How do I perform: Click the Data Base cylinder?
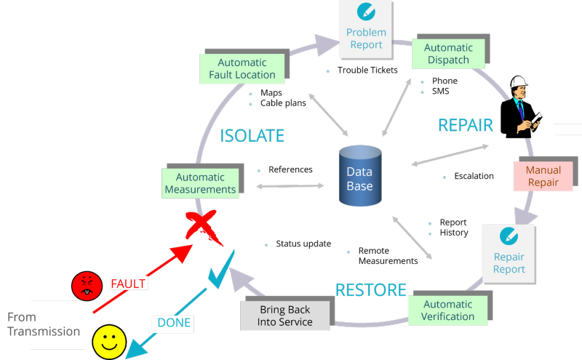click(360, 177)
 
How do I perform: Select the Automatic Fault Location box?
click(242, 68)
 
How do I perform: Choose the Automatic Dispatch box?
click(448, 53)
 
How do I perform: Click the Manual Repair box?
click(543, 176)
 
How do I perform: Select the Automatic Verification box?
click(447, 310)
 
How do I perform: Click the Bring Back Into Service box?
click(286, 316)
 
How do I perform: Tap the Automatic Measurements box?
click(200, 183)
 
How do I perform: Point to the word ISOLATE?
click(252, 136)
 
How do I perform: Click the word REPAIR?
click(466, 125)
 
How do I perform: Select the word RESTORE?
click(370, 290)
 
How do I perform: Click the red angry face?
click(86, 286)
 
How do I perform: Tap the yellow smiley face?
click(110, 340)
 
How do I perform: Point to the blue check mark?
click(220, 269)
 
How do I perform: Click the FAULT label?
click(128, 284)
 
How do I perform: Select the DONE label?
click(174, 323)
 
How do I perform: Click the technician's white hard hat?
click(519, 82)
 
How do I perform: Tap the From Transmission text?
click(44, 324)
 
